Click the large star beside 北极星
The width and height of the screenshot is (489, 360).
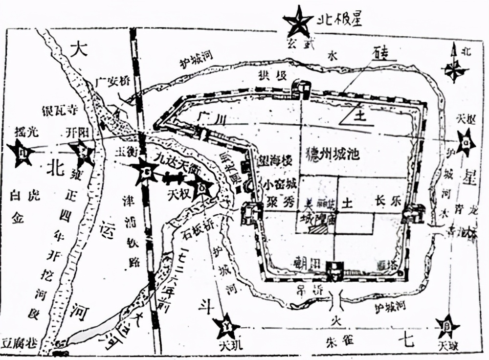(298, 22)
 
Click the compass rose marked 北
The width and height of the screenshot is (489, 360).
(454, 68)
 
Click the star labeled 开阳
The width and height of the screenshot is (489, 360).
(82, 153)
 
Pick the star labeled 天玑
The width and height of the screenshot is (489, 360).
(226, 327)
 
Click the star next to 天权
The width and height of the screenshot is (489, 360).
(201, 188)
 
